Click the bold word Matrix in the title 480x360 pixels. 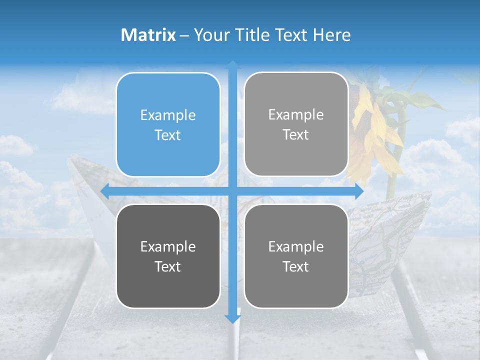148,35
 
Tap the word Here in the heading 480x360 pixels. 332,35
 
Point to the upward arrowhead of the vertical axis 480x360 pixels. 232,65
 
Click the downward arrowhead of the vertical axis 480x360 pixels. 232,318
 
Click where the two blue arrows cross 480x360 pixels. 232,191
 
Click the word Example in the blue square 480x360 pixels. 168,115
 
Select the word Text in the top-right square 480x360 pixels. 296,135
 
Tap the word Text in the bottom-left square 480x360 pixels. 168,266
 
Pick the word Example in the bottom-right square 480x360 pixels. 296,246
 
